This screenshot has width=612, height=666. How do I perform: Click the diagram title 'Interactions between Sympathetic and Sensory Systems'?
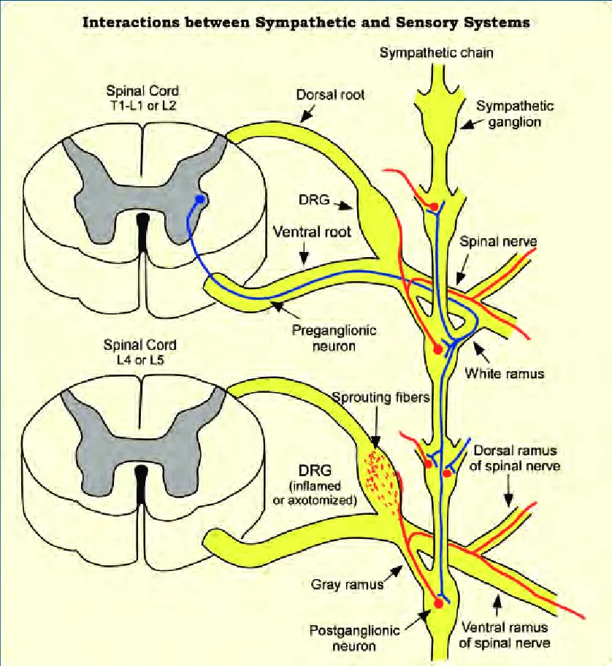pos(306,22)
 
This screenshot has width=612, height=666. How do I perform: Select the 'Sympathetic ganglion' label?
pos(515,114)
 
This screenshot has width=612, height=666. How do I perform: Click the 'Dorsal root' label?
pos(330,95)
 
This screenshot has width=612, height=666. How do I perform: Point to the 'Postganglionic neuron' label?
pos(342,638)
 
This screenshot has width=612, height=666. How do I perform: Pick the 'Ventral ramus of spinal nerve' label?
pos(505,635)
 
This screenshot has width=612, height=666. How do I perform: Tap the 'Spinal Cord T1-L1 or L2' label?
pos(142,99)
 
